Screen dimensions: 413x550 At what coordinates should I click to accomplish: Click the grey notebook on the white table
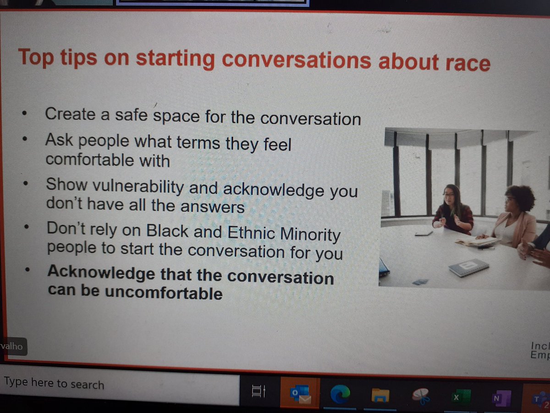pyautogui.click(x=468, y=267)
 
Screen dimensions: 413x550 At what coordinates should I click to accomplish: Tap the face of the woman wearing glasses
pyautogui.click(x=449, y=199)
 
